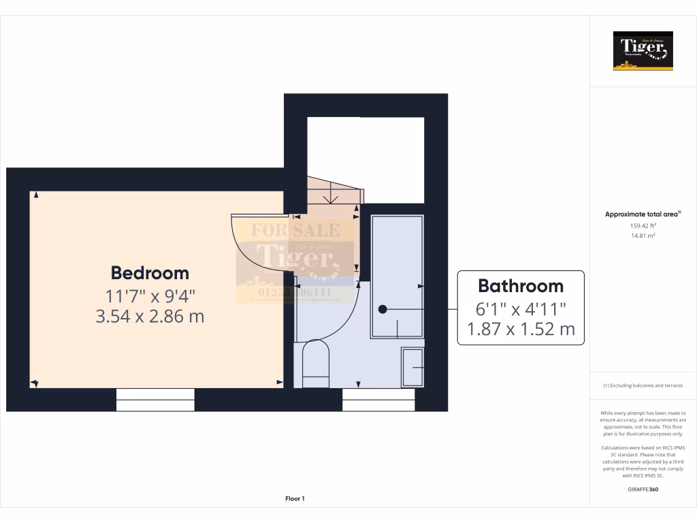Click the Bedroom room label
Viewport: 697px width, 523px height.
[150, 273]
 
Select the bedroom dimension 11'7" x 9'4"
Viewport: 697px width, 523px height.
[150, 296]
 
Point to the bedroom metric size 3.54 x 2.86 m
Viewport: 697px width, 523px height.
[150, 317]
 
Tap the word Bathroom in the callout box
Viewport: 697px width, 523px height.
[521, 286]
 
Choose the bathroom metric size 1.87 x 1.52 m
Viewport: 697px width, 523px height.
[521, 330]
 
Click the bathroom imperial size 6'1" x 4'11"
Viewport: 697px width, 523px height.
[521, 308]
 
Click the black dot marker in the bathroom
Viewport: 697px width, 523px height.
[383, 309]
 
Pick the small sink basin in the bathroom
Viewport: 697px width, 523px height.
[412, 367]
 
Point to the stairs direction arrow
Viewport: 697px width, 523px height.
[331, 195]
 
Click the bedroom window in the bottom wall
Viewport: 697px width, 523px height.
[155, 400]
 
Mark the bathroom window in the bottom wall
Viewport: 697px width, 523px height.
[378, 400]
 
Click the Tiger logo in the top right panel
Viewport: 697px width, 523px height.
[643, 51]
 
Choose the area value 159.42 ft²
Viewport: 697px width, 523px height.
[643, 225]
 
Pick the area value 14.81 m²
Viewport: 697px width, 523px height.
[643, 236]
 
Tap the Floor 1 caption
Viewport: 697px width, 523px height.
[295, 499]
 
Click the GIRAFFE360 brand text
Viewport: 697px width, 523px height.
[643, 489]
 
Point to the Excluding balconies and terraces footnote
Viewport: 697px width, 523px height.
[643, 385]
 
